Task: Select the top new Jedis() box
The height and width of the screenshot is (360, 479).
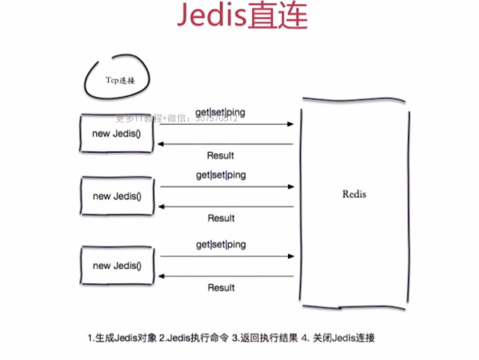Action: pyautogui.click(x=116, y=132)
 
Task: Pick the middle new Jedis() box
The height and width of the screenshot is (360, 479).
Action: pyautogui.click(x=116, y=196)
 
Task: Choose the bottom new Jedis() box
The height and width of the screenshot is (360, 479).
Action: pyautogui.click(x=116, y=265)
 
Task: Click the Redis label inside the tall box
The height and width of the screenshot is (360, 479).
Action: pyautogui.click(x=354, y=194)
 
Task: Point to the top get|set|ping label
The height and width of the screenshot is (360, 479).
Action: pyautogui.click(x=221, y=111)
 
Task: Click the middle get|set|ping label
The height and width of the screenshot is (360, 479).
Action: pyautogui.click(x=221, y=174)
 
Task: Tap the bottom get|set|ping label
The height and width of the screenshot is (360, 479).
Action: pyautogui.click(x=221, y=244)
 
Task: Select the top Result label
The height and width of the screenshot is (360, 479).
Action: pyautogui.click(x=220, y=155)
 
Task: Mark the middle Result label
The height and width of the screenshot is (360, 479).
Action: pyautogui.click(x=221, y=218)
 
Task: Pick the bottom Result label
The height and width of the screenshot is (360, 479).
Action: pyautogui.click(x=221, y=287)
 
